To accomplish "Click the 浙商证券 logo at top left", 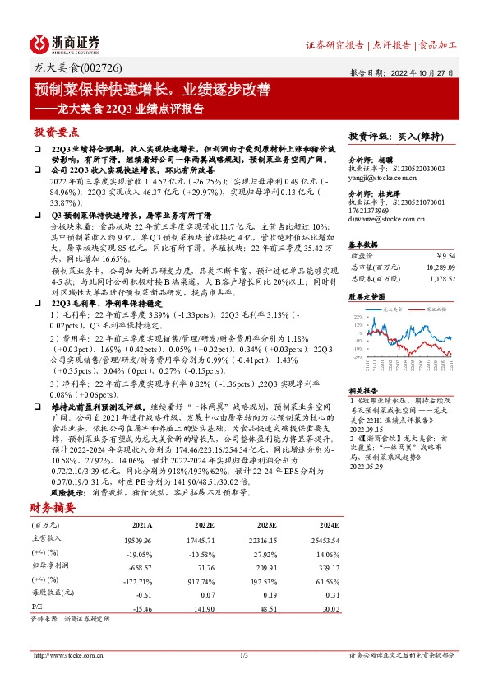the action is pyautogui.click(x=66, y=43).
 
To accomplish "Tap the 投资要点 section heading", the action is pyautogui.click(x=57, y=132).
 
